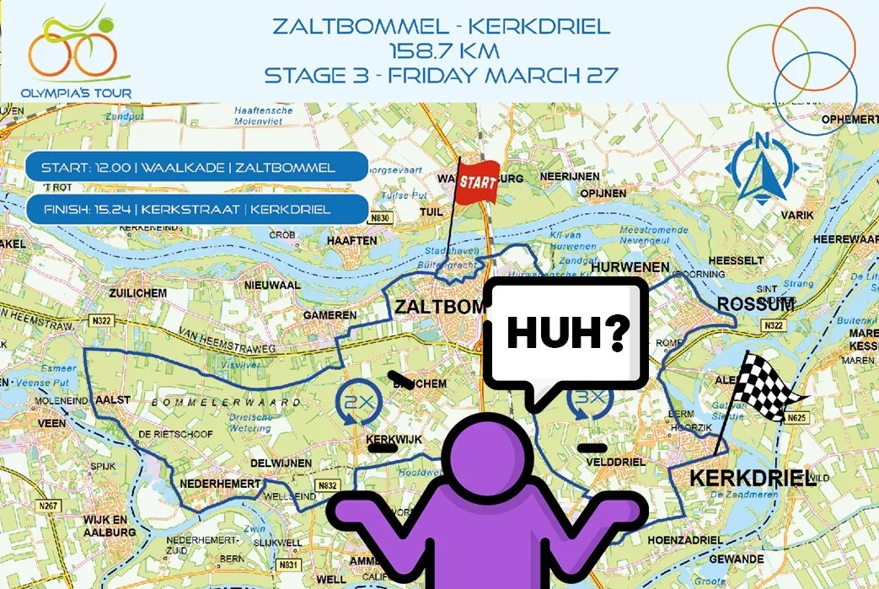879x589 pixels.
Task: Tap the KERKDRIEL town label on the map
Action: coord(752,479)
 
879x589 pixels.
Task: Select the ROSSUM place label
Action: coord(754,304)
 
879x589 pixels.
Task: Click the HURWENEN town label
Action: coord(630,268)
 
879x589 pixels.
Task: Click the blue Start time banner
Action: coord(196,167)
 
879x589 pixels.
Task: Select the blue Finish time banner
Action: coord(196,209)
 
